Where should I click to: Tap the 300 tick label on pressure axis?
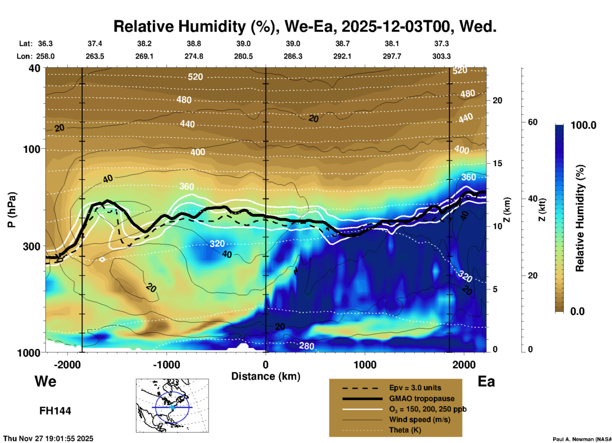(32, 246)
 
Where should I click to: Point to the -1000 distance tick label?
(167, 365)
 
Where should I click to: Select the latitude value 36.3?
(45, 44)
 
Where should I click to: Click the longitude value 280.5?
(243, 56)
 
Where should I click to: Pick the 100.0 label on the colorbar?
(583, 125)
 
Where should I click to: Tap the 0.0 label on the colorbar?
(577, 311)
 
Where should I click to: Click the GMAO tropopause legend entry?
(422, 399)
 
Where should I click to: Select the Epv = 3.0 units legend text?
(415, 388)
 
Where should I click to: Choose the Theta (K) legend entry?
(405, 430)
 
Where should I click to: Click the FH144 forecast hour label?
(55, 411)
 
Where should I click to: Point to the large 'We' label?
(45, 381)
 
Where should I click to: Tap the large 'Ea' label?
(486, 381)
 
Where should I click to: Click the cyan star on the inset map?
(172, 407)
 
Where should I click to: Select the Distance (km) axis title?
(266, 376)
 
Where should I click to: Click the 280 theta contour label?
(306, 345)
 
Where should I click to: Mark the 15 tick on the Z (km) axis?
(497, 163)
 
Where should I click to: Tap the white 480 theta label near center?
(184, 100)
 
